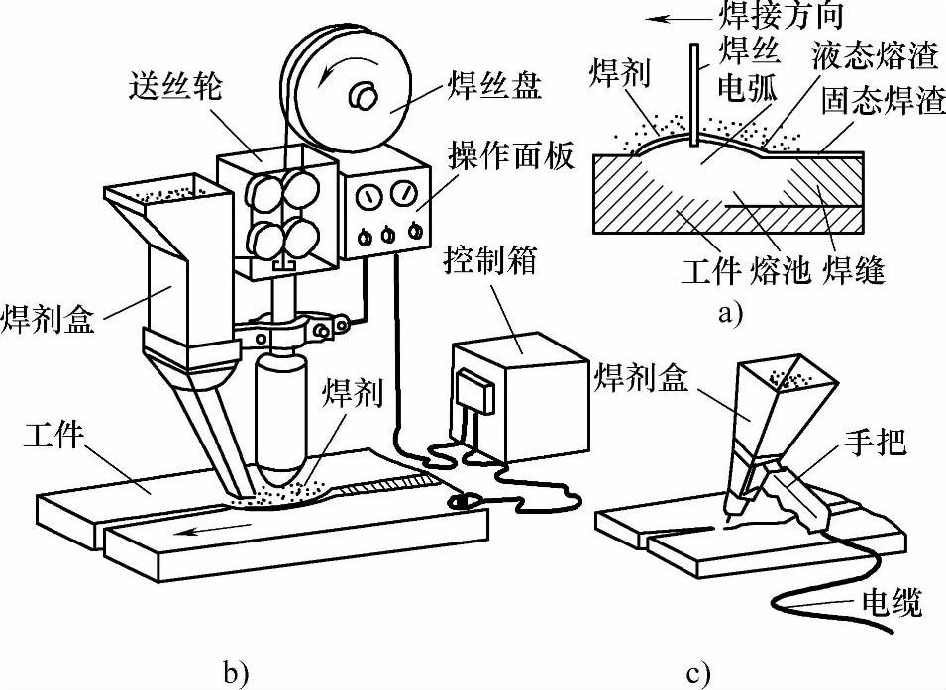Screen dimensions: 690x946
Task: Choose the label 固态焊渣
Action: click(x=882, y=101)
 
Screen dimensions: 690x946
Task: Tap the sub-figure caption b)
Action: click(x=236, y=674)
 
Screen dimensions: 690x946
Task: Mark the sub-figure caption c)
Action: click(x=697, y=674)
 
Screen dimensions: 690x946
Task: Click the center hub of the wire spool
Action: click(x=364, y=96)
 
